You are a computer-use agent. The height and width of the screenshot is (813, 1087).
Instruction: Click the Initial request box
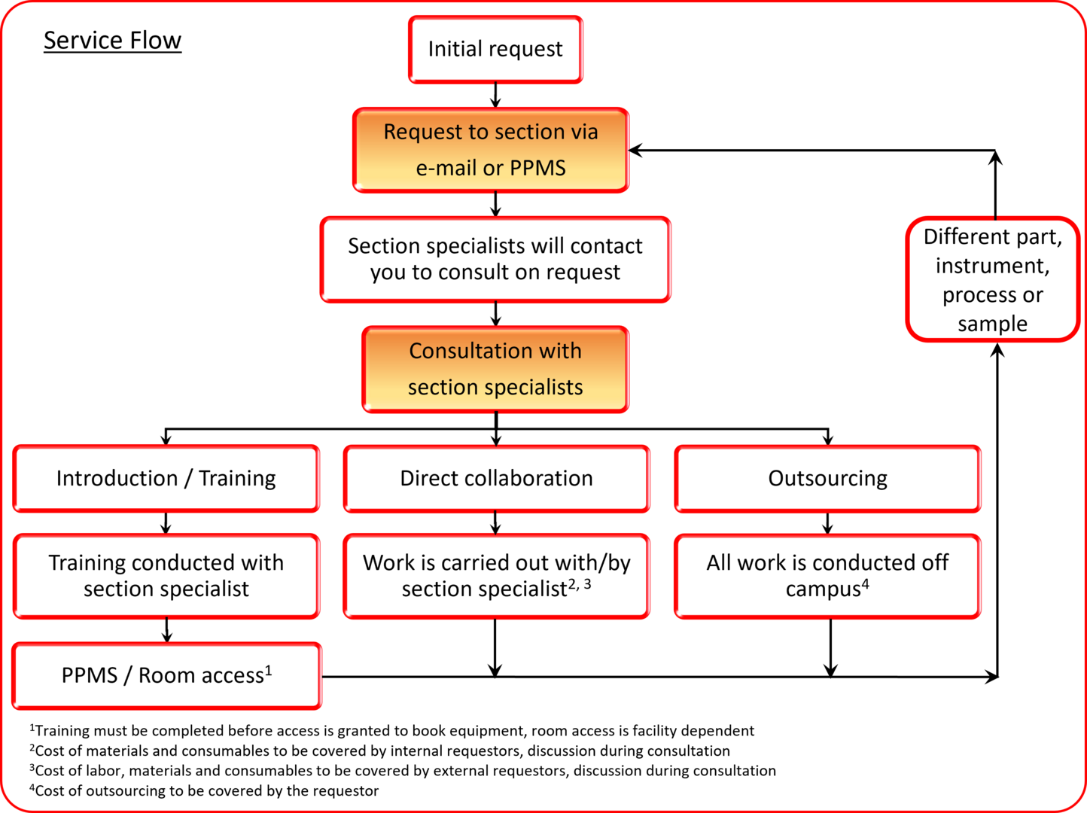click(x=495, y=49)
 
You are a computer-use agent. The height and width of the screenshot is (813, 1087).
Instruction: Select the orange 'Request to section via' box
click(x=491, y=150)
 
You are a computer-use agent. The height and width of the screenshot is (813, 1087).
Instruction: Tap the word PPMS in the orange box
click(x=537, y=168)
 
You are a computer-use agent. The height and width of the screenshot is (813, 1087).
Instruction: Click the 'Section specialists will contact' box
click(x=495, y=259)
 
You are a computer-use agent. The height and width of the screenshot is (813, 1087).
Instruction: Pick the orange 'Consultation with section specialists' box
click(x=495, y=369)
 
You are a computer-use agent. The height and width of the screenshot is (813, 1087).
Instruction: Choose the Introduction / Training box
click(x=166, y=478)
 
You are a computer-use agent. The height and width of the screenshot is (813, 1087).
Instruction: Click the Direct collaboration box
click(x=496, y=478)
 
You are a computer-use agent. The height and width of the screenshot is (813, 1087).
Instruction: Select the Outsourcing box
click(x=827, y=478)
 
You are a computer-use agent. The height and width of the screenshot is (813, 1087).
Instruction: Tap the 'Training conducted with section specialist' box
click(x=166, y=575)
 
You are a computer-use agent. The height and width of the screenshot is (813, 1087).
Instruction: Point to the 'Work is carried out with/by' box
click(x=496, y=575)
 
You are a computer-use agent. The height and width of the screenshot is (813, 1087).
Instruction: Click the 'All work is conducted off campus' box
click(x=827, y=575)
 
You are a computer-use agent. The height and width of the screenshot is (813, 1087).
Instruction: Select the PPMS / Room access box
click(x=166, y=675)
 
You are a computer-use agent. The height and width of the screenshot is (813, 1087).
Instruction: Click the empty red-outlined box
click(x=993, y=279)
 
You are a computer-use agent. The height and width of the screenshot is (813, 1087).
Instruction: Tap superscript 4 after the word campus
click(x=866, y=583)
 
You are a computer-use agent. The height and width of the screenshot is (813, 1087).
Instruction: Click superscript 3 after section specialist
click(x=587, y=583)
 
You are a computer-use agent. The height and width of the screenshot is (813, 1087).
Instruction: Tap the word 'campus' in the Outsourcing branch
click(x=822, y=589)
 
